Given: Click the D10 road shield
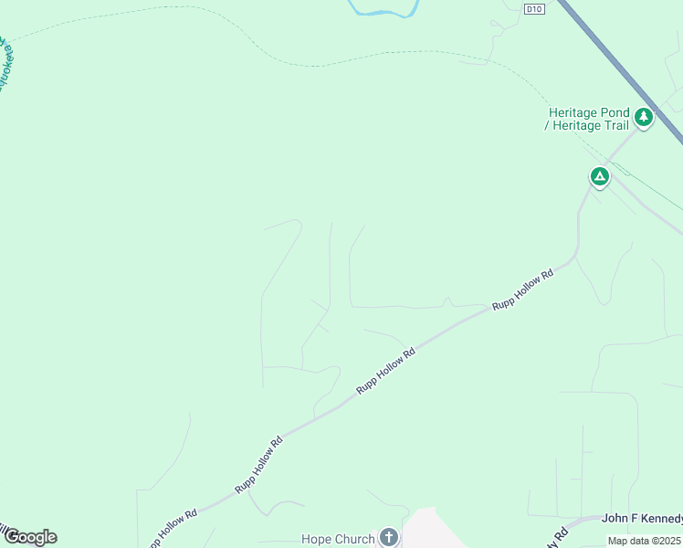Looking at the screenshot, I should pyautogui.click(x=535, y=8).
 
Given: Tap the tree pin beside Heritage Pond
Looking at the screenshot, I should pyautogui.click(x=644, y=117).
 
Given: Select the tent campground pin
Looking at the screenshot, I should pyautogui.click(x=599, y=176).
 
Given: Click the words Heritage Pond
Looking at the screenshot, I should pyautogui.click(x=589, y=113).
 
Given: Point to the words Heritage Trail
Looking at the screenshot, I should pyautogui.click(x=593, y=126).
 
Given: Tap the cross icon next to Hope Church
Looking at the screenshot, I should pyautogui.click(x=389, y=537).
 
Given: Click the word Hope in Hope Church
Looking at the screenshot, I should pyautogui.click(x=317, y=540).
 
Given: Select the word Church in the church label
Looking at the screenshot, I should pyautogui.click(x=354, y=540).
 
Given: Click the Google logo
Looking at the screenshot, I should pyautogui.click(x=30, y=537).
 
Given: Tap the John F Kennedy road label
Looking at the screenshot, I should pyautogui.click(x=642, y=519).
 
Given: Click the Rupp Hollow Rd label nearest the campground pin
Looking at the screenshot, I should pyautogui.click(x=523, y=290).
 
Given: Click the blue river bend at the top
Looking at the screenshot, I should pyautogui.click(x=384, y=12).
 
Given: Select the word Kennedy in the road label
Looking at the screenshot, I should pyautogui.click(x=664, y=519).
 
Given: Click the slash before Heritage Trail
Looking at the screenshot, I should pyautogui.click(x=547, y=126).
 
